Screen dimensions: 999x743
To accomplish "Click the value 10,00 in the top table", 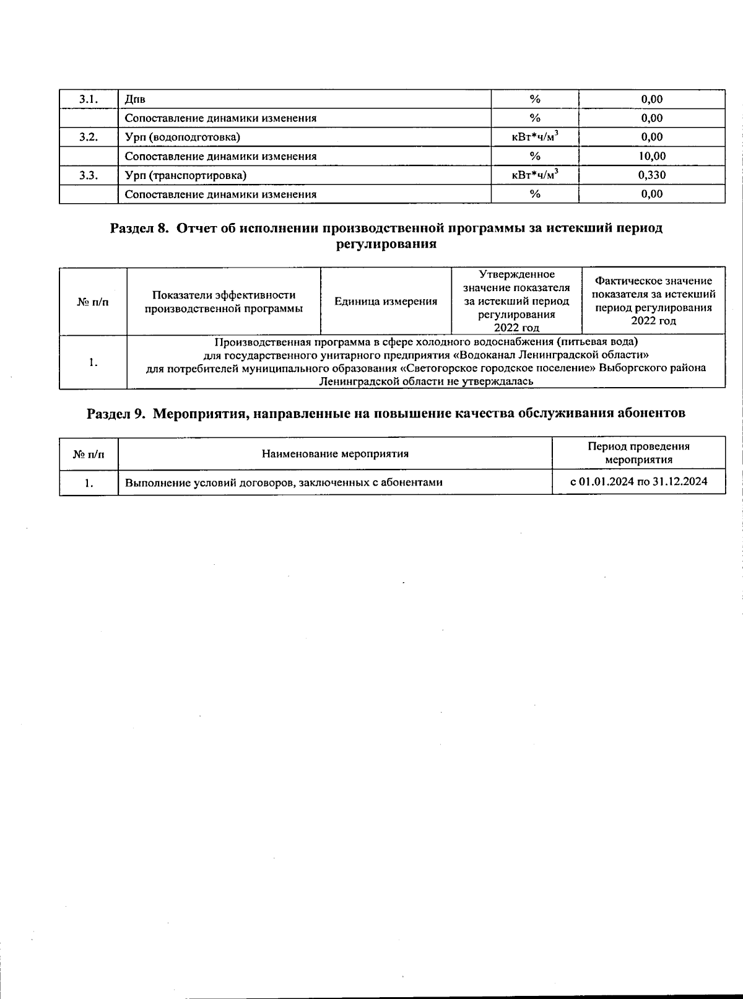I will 652,156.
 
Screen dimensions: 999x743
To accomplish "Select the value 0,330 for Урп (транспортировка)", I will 652,175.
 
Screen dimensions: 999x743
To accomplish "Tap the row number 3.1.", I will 89,99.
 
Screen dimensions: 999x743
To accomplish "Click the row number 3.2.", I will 89,137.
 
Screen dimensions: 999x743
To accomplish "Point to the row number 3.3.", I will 89,175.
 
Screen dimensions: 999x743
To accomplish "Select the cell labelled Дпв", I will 136,99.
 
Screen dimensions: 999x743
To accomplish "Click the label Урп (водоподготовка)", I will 183,137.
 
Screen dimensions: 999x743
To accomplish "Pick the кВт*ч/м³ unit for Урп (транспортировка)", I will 535,175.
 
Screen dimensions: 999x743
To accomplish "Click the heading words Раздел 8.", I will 140,228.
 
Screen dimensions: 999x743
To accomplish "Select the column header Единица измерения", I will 386,302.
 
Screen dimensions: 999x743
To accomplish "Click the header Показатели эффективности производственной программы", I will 224,302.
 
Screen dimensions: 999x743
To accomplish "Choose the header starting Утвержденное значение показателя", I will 517,301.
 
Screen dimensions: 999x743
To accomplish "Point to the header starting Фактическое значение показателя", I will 653,301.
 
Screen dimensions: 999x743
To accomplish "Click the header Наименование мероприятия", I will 335,454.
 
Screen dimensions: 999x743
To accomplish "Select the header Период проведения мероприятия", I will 638,453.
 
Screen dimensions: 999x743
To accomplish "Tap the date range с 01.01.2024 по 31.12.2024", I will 638,482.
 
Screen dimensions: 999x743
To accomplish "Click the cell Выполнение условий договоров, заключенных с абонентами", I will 284,482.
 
